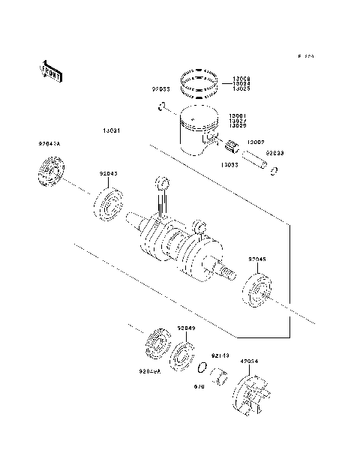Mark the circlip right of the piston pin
274,170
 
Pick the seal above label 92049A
158,346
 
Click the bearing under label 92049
183,355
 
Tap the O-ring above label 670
202,368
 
